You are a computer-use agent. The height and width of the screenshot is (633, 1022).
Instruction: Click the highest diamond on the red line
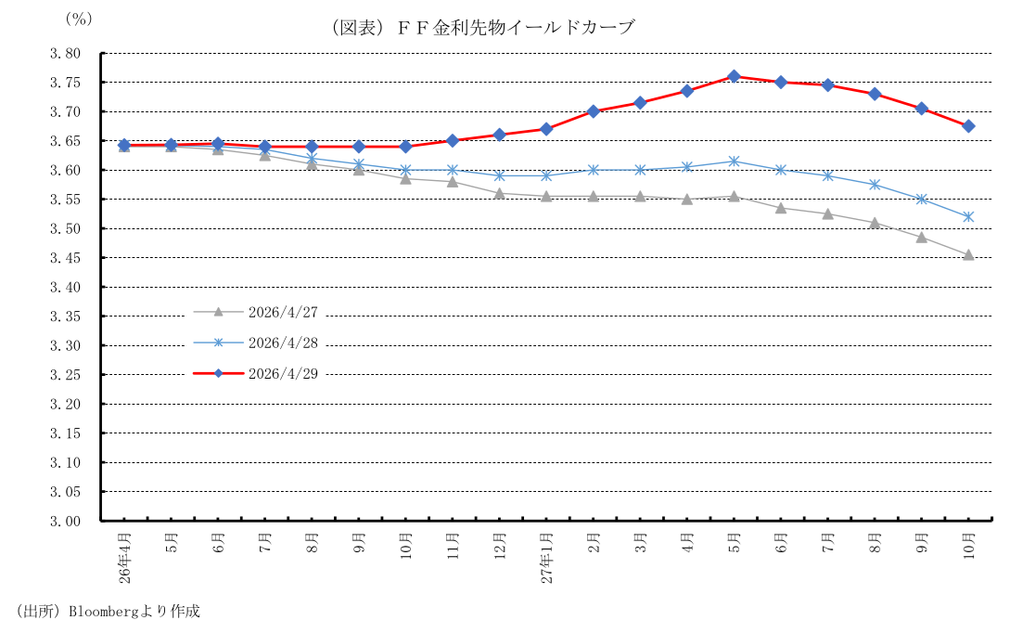(x=734, y=76)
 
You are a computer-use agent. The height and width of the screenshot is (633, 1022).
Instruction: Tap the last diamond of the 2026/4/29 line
(x=968, y=126)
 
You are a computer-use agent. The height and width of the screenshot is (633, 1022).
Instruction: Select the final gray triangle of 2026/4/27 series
(x=968, y=254)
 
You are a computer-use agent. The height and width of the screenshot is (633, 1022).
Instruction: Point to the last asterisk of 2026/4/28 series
(x=968, y=216)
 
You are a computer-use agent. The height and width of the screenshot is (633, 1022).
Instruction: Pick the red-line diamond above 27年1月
(x=546, y=129)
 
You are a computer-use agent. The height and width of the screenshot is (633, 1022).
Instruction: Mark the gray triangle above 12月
(x=499, y=193)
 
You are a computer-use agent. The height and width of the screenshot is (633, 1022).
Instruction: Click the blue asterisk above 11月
(x=453, y=170)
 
